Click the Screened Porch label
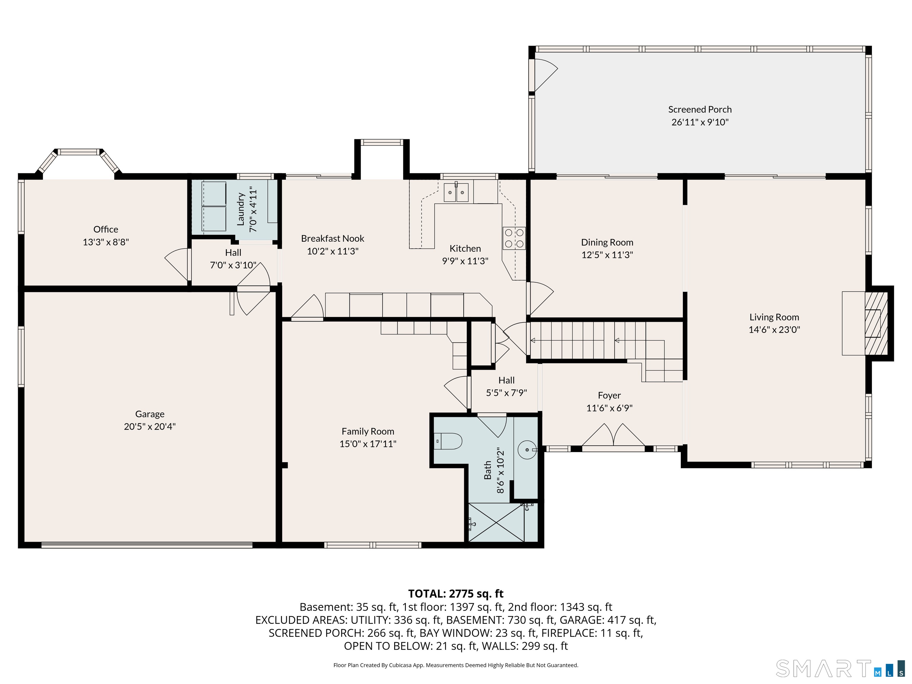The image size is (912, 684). click(x=700, y=110)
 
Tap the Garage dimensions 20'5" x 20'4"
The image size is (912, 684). click(x=150, y=426)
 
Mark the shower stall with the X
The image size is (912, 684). click(x=497, y=522)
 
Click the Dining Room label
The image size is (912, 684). click(x=607, y=243)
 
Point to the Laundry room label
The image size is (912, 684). click(x=241, y=210)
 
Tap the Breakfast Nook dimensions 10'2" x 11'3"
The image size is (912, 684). click(x=333, y=251)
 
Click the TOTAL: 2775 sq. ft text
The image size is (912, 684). click(x=456, y=594)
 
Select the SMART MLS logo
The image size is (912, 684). click(x=840, y=668)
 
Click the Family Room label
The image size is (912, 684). click(x=368, y=431)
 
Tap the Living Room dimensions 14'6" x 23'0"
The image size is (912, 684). click(x=774, y=330)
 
